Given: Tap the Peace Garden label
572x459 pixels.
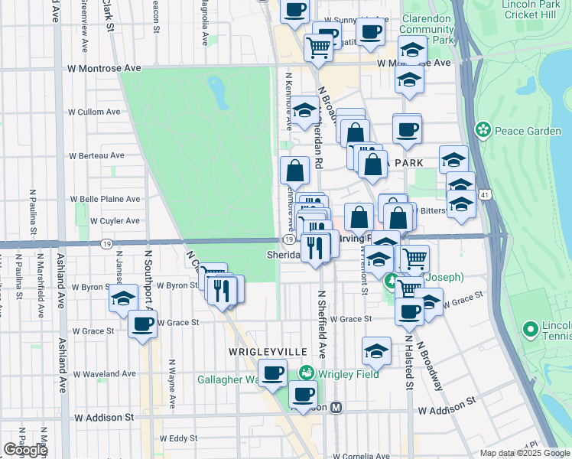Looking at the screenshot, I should [528, 131].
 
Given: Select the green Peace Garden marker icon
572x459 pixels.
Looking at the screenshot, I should [483, 131].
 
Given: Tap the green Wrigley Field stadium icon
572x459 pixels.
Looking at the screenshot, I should [306, 374].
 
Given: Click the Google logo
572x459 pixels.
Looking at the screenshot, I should [24, 450].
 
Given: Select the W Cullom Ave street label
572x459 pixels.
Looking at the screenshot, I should [94, 112].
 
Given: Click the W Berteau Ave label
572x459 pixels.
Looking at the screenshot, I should [96, 155].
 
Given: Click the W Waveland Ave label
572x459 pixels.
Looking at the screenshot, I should [104, 374].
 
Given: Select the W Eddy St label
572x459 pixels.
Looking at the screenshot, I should [178, 438].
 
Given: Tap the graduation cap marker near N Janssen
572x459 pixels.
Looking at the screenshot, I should [122, 300].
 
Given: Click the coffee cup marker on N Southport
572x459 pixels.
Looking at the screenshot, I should [143, 324].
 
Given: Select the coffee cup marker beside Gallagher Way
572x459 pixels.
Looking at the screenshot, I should [273, 373].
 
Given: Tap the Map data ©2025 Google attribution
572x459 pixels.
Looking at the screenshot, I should [525, 453].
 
